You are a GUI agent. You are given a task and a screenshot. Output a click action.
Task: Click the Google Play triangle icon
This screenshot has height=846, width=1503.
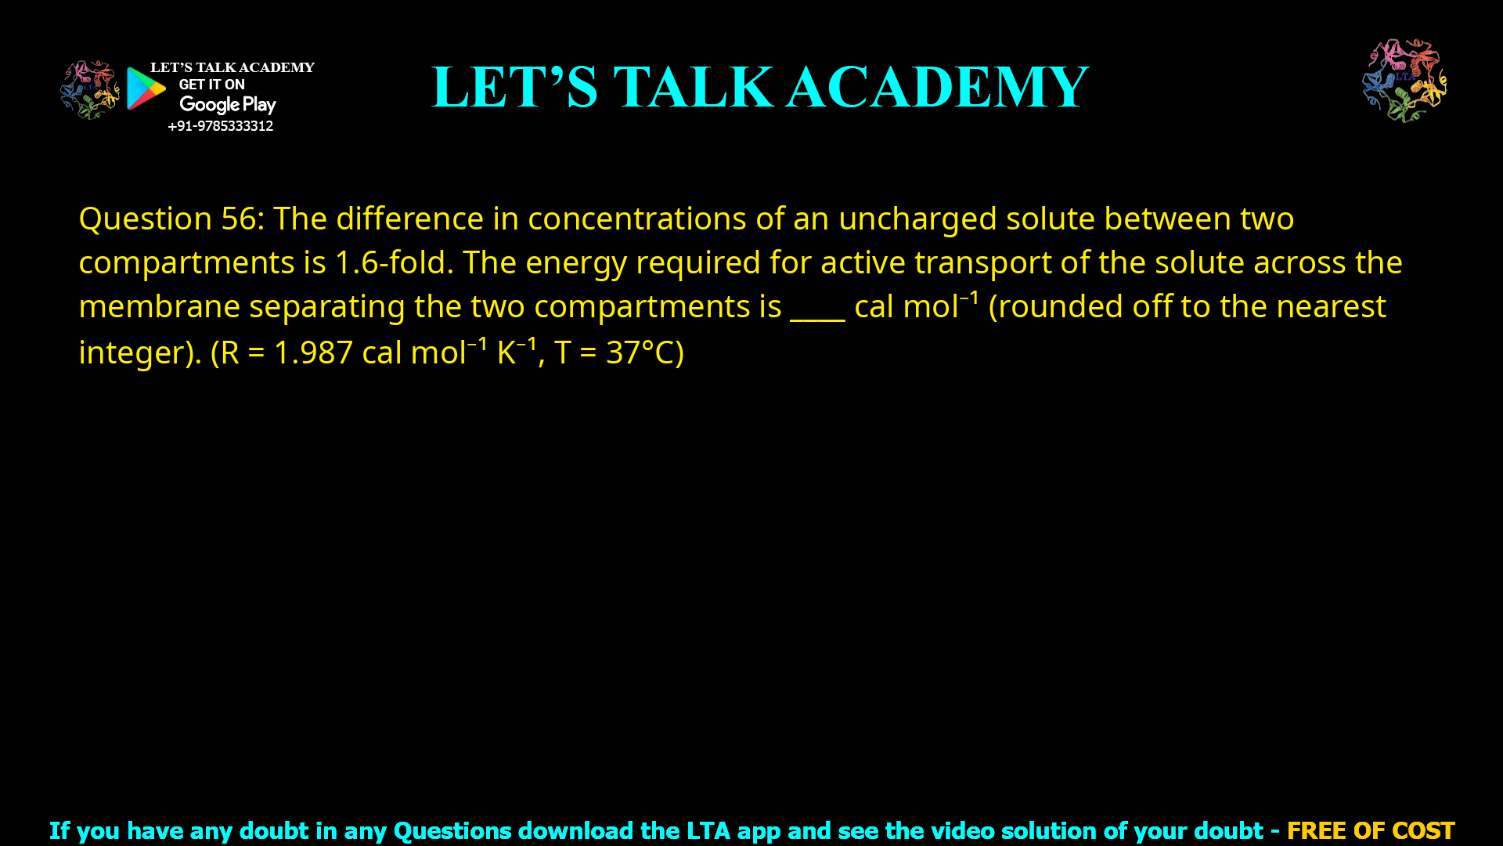[x=146, y=89]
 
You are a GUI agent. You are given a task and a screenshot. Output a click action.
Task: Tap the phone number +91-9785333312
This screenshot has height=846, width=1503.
[x=220, y=126]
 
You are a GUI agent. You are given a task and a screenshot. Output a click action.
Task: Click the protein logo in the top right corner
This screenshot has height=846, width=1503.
[x=1404, y=80]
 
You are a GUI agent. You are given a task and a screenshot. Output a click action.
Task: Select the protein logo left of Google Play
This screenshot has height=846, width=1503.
[x=89, y=89]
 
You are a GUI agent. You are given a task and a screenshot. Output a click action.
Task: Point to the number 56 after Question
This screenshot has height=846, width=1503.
[x=238, y=219]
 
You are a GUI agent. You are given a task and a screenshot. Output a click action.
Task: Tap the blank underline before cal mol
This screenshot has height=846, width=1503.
[x=817, y=308]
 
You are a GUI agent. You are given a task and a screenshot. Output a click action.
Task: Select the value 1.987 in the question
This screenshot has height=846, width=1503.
[x=313, y=352]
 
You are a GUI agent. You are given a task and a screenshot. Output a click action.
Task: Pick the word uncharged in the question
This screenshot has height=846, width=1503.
[x=917, y=219]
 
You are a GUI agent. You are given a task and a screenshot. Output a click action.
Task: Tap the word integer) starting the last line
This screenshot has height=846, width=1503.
[x=140, y=352]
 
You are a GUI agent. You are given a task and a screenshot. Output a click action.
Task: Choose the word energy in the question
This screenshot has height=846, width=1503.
[x=575, y=262]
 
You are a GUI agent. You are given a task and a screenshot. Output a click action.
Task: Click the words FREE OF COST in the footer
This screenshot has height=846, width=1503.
[x=1370, y=830]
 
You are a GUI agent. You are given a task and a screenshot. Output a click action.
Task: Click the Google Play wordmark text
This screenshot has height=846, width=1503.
[x=228, y=105]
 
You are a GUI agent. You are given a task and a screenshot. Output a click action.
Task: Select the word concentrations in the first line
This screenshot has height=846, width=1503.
[x=636, y=219]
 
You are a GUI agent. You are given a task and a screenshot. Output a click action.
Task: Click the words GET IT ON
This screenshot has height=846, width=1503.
[x=211, y=85]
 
